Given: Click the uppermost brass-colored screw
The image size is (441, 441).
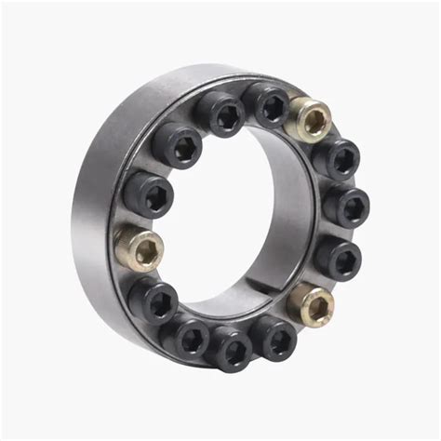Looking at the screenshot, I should tap(310, 119).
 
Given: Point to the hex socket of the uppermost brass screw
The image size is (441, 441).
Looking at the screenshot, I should tap(314, 120).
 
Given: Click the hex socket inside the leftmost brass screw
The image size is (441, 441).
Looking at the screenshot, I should tap(144, 249).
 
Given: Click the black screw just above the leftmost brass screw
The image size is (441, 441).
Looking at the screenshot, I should tap(147, 194).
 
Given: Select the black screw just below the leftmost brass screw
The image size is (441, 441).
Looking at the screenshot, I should tap(154, 300).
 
